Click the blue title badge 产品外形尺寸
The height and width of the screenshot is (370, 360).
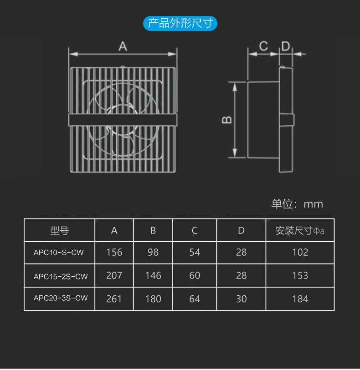[180, 23]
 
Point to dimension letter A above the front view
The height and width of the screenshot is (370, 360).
[123, 46]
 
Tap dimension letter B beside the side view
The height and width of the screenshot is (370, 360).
[227, 120]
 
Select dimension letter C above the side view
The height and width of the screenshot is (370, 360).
[263, 46]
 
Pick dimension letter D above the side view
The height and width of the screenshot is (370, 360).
[285, 46]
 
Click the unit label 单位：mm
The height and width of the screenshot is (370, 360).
[297, 204]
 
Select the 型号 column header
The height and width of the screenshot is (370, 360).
[59, 231]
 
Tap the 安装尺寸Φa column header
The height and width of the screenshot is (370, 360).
[300, 231]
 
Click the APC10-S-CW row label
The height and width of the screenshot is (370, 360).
[59, 252]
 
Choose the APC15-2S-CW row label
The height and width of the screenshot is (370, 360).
[61, 276]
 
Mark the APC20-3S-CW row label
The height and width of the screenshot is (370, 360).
[61, 299]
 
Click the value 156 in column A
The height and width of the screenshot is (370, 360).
[114, 252]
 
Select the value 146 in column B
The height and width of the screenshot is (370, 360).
[153, 276]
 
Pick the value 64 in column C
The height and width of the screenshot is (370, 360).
[195, 299]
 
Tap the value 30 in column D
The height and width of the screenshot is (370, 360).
[241, 299]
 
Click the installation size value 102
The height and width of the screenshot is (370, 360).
[300, 252]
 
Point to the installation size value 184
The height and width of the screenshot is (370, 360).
[300, 299]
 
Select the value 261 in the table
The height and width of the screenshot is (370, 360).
[114, 299]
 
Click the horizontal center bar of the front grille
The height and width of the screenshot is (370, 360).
[122, 120]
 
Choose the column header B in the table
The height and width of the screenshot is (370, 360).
[153, 231]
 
